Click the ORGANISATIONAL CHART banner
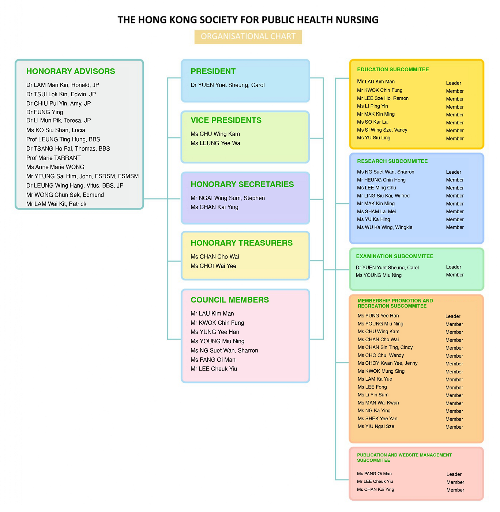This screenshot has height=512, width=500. (248, 37)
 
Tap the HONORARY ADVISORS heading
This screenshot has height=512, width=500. (71, 71)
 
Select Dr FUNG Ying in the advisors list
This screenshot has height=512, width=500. (45, 112)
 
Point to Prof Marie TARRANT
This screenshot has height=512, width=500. (53, 158)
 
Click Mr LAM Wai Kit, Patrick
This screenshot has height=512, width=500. (56, 204)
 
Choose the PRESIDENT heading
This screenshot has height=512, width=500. (213, 71)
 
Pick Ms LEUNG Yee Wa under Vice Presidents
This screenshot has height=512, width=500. (215, 143)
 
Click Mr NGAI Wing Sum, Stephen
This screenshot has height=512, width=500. (228, 198)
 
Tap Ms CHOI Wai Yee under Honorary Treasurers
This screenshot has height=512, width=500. (213, 266)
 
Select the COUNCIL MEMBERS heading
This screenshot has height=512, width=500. (230, 300)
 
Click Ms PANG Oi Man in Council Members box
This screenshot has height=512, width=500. (213, 360)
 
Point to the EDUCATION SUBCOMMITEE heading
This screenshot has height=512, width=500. (393, 69)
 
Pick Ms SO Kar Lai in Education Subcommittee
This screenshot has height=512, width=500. (373, 122)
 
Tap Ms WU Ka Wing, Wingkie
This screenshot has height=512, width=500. (384, 227)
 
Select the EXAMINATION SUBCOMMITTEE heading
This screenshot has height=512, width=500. (395, 256)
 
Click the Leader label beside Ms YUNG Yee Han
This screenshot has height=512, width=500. (453, 316)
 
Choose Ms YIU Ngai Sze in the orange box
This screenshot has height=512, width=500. (376, 426)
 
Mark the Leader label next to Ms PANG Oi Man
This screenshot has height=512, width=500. (454, 474)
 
